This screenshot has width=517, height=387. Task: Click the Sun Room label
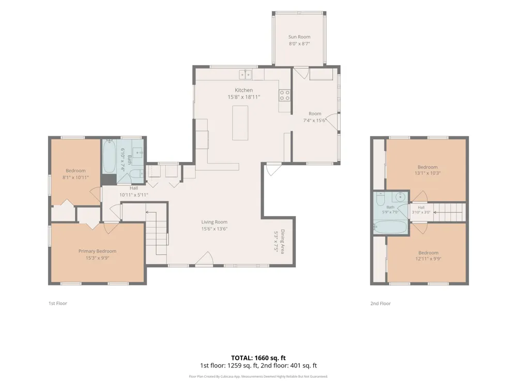pyautogui.click(x=299, y=37)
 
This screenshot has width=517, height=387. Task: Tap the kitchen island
pyautogui.click(x=240, y=123)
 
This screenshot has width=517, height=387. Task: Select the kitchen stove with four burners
pyautogui.click(x=284, y=95)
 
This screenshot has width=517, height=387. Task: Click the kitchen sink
pyautogui.click(x=245, y=75)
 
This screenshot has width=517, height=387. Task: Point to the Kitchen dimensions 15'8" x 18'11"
pyautogui.click(x=244, y=97)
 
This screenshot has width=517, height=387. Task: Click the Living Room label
pyautogui.click(x=215, y=222)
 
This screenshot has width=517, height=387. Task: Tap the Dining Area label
pyautogui.click(x=283, y=241)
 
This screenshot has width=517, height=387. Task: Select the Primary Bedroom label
pyautogui.click(x=97, y=251)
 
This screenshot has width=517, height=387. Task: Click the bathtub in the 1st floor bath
pyautogui.click(x=109, y=157)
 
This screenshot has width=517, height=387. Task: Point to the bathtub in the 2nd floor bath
pyautogui.click(x=390, y=227)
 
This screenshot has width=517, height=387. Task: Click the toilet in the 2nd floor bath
pyautogui.click(x=381, y=199)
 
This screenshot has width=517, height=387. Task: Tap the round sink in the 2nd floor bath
pyautogui.click(x=400, y=197)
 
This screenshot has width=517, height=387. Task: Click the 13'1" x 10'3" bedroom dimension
pyautogui.click(x=428, y=173)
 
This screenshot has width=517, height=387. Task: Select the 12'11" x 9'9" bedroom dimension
pyautogui.click(x=428, y=259)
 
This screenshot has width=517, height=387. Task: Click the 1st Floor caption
pyautogui.click(x=58, y=303)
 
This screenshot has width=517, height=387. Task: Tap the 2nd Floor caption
pyautogui.click(x=381, y=303)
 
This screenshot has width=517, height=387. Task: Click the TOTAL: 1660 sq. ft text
pyautogui.click(x=258, y=358)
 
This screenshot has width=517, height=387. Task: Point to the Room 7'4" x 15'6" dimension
pyautogui.click(x=314, y=120)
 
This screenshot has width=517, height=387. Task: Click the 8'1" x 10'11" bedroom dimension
pyautogui.click(x=75, y=178)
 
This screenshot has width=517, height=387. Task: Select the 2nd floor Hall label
pyautogui.click(x=421, y=207)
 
